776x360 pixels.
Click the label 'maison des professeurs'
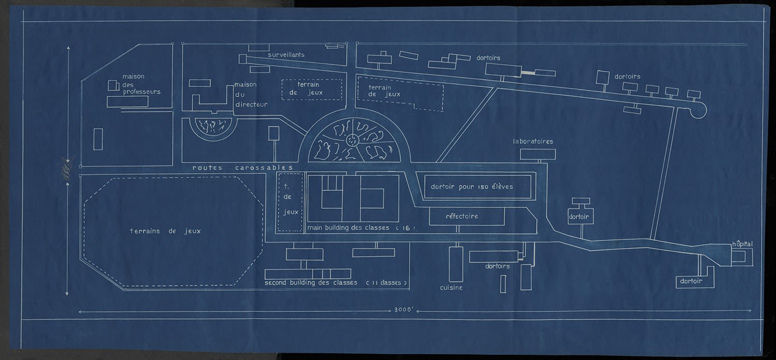tap(141, 84)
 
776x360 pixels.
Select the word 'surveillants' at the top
tap(286, 54)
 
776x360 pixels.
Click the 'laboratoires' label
tap(533, 141)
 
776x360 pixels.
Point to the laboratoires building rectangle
tap(538, 154)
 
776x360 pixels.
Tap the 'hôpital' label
tap(742, 244)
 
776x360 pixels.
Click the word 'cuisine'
tap(451, 287)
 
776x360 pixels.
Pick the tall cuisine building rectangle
tap(456, 264)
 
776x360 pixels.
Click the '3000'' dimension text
tap(402, 311)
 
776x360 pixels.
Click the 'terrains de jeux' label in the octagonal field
tap(165, 231)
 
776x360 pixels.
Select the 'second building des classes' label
tap(310, 283)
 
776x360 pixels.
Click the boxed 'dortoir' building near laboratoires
tap(579, 216)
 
